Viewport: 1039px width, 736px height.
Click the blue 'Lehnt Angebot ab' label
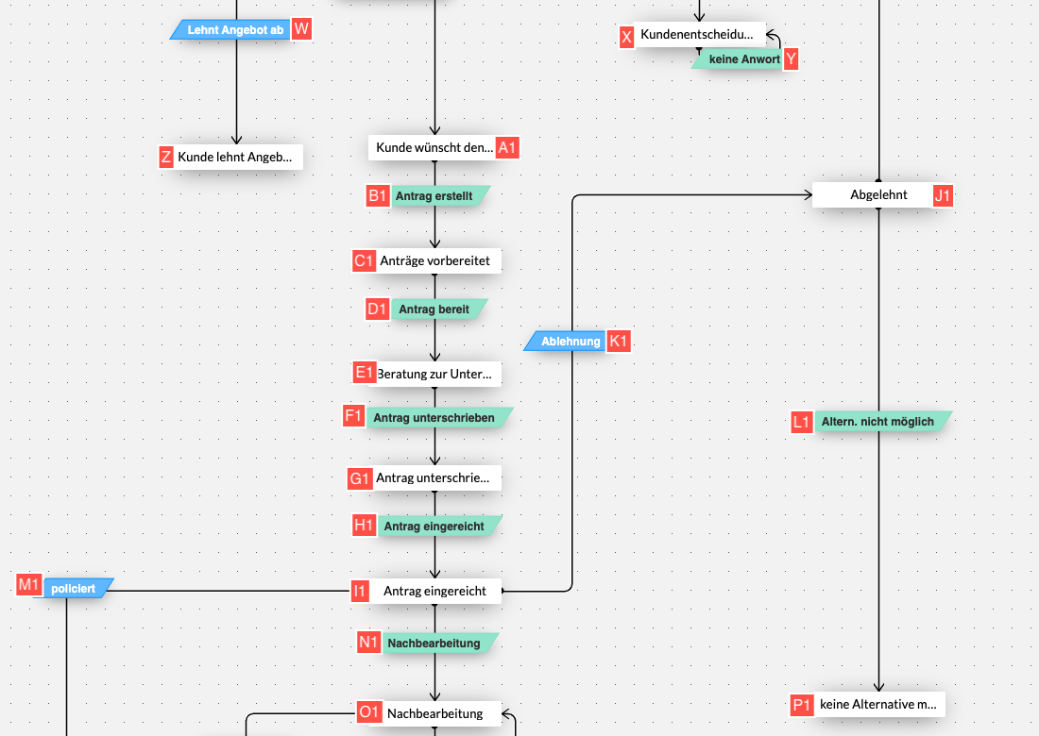[234, 30]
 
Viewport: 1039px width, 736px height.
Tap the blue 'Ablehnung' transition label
[570, 342]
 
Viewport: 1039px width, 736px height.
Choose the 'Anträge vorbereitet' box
[435, 260]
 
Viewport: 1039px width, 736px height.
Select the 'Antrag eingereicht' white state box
[434, 592]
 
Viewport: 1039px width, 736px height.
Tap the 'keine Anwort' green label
[741, 59]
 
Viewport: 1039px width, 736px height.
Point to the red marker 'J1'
[943, 196]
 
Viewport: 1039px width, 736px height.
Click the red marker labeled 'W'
[301, 29]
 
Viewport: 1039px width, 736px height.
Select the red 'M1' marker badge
[29, 585]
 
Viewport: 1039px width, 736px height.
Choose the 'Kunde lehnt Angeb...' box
[236, 157]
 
